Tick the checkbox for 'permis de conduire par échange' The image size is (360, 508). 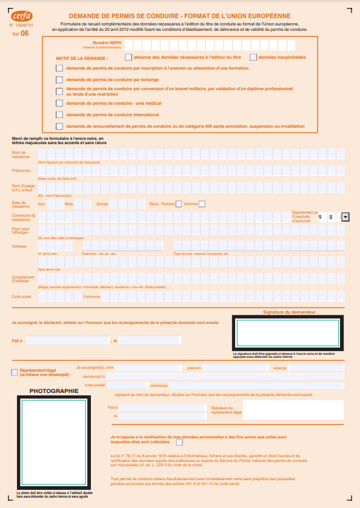[59, 79]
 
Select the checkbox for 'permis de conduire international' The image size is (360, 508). [59, 114]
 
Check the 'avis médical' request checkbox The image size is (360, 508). [59, 103]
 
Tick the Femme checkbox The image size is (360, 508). [178, 203]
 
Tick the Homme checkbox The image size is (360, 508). [202, 203]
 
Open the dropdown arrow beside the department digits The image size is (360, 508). [345, 216]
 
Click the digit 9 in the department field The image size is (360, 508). [319, 216]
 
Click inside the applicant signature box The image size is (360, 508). [287, 333]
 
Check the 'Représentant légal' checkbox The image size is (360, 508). [15, 372]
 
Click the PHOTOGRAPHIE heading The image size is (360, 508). [54, 391]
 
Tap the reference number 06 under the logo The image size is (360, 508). [24, 34]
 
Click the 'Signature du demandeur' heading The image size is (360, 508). [289, 312]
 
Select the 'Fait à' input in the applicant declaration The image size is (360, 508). [67, 340]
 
